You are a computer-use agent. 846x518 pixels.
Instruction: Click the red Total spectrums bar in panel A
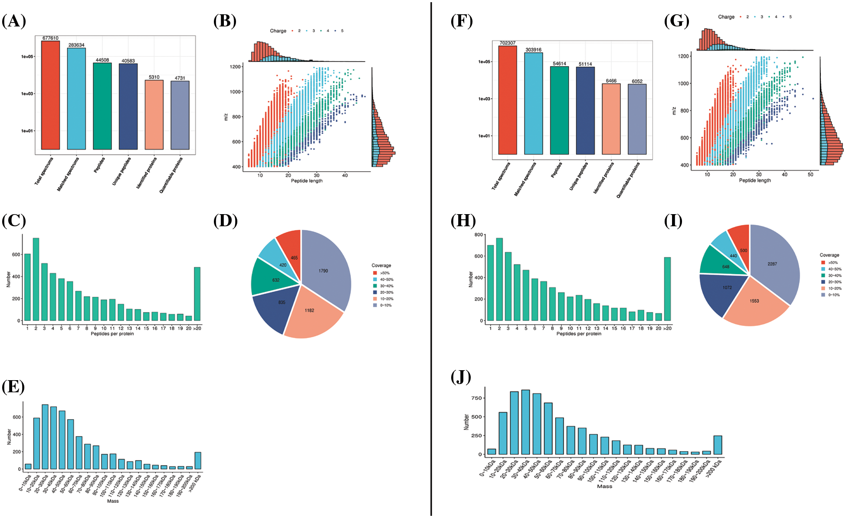tap(50, 95)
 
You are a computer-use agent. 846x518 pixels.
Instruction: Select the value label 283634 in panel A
tap(76, 45)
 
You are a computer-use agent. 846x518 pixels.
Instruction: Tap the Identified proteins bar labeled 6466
tap(611, 119)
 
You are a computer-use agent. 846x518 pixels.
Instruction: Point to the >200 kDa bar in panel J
tap(718, 445)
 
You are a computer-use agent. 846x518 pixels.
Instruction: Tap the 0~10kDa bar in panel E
tap(28, 466)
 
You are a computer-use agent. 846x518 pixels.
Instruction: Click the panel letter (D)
tap(225, 221)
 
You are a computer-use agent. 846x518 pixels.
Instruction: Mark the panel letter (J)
tap(461, 377)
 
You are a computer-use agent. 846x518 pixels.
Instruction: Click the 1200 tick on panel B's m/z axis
tap(235, 67)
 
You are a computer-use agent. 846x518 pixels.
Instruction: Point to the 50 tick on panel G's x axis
tap(810, 174)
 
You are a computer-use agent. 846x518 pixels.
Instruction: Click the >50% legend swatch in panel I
tap(823, 263)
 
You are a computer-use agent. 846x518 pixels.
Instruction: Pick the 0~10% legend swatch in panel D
tap(375, 306)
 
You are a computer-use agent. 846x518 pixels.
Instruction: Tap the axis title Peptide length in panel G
tap(754, 180)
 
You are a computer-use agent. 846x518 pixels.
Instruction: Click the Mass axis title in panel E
tap(113, 501)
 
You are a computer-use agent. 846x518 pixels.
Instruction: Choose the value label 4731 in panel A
tap(180, 78)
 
